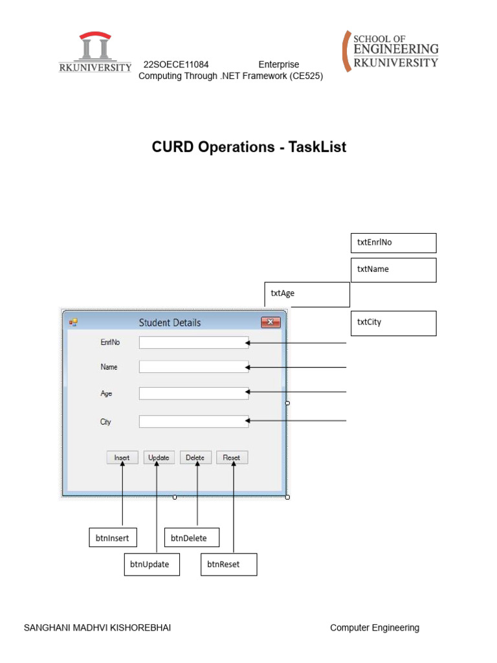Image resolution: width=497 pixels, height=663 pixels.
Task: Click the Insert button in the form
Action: [122, 458]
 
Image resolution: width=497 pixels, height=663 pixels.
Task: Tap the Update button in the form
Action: [159, 458]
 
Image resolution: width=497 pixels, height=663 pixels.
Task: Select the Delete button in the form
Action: [195, 458]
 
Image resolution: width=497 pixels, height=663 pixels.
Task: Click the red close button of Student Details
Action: [270, 322]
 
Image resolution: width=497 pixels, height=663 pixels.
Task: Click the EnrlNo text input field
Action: [193, 343]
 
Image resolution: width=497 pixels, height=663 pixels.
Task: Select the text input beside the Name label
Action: [193, 367]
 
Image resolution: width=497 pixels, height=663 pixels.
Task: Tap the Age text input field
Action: [193, 393]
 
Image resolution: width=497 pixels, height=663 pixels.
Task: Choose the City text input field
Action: [193, 421]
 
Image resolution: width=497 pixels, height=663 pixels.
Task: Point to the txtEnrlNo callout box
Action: [393, 243]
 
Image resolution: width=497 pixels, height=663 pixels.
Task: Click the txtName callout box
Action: [393, 270]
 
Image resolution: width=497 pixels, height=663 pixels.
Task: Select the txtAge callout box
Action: [307, 294]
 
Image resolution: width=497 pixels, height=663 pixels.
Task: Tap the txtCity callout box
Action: [393, 323]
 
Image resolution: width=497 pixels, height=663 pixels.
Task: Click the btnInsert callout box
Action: [114, 538]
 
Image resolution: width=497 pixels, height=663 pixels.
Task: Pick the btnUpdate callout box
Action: [151, 565]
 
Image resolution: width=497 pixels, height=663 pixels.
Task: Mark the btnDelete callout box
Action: [192, 538]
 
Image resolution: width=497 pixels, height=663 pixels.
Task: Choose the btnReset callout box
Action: [228, 565]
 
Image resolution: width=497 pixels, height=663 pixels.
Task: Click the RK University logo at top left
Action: [95, 52]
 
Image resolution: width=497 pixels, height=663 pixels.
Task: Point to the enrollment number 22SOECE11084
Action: [176, 65]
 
